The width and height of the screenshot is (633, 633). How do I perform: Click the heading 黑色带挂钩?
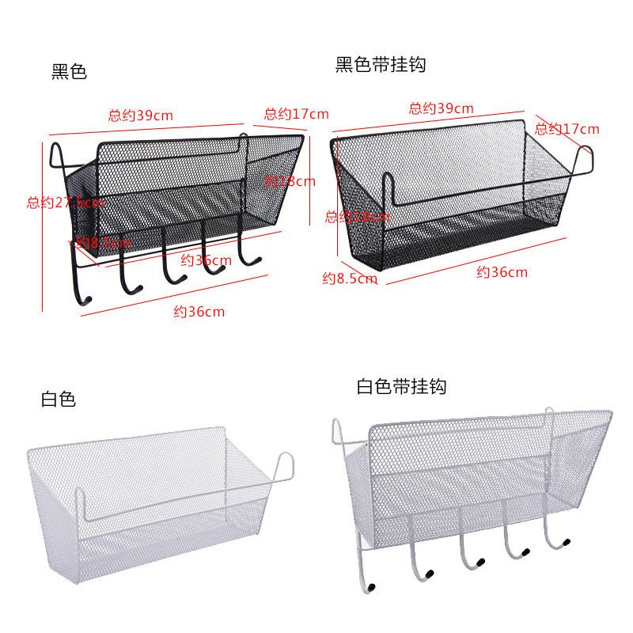(x=381, y=65)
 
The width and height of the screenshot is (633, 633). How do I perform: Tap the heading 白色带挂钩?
(x=401, y=387)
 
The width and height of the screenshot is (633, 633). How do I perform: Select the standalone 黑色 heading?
(x=69, y=72)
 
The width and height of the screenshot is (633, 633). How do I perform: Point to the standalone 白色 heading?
(x=58, y=400)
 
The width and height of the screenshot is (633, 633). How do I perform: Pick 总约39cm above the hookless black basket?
(x=441, y=108)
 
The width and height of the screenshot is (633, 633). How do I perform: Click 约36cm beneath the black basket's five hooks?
(x=199, y=312)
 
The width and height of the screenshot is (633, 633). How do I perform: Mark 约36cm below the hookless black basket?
(x=502, y=273)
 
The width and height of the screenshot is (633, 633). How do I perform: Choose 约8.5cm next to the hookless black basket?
(x=349, y=278)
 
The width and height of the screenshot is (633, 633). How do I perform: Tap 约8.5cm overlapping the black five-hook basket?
(x=104, y=243)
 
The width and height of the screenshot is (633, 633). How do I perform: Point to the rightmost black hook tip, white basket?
(x=567, y=541)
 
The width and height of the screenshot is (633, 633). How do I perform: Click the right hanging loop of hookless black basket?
(x=586, y=158)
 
